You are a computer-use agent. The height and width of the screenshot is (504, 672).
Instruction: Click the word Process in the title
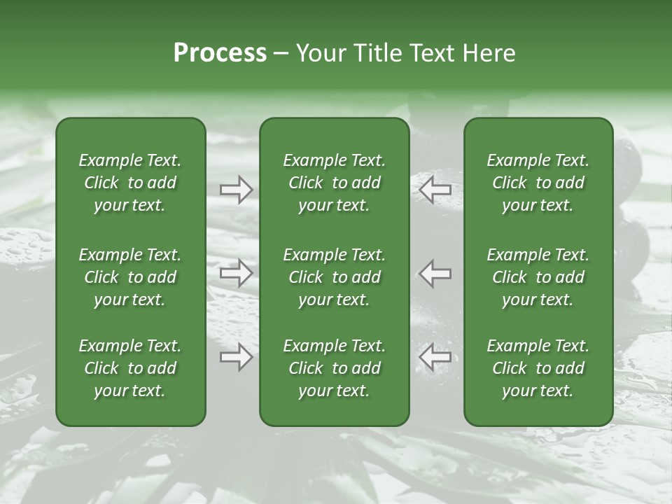[220, 53]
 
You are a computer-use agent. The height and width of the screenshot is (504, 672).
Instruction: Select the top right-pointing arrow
[236, 189]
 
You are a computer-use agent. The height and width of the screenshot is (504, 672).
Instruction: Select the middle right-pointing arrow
[236, 274]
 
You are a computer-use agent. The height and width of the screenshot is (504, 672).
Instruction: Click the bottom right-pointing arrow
[236, 358]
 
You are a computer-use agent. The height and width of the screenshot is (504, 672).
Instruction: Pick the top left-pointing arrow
[435, 189]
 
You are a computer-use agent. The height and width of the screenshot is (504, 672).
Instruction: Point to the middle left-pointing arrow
[435, 274]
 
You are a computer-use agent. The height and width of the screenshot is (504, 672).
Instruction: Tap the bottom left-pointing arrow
[435, 358]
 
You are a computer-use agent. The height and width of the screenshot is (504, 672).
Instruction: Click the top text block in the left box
[130, 183]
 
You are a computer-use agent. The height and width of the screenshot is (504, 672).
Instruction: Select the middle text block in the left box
[130, 277]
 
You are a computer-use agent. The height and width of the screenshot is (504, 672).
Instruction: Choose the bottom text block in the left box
[130, 368]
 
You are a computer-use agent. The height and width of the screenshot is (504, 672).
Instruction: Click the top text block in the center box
[334, 183]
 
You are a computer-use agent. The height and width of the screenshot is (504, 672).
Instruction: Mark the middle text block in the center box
[334, 277]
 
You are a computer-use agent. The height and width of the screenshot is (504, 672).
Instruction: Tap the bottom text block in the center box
[334, 368]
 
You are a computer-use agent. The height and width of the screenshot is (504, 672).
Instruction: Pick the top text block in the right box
[538, 183]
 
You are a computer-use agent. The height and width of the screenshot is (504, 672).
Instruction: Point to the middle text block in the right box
[538, 277]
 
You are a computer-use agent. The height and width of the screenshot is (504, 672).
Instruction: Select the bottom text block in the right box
[538, 368]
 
